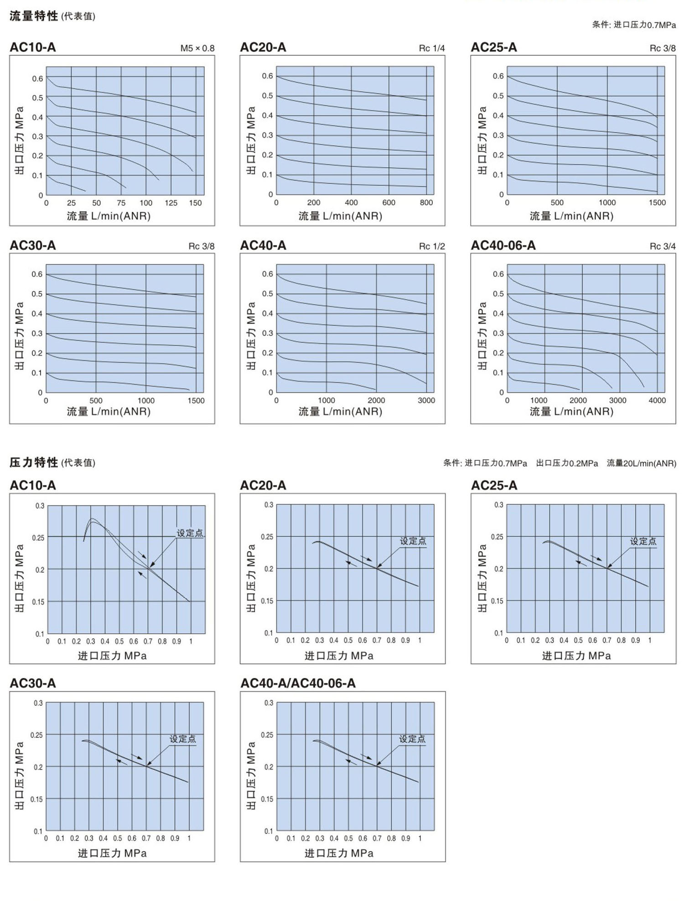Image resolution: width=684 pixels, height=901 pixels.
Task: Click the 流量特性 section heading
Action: click(x=34, y=16)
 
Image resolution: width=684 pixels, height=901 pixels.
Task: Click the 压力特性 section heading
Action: click(x=34, y=462)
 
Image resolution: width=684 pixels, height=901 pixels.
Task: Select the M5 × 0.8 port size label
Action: click(x=197, y=48)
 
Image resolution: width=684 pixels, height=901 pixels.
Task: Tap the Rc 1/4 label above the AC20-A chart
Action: click(x=431, y=48)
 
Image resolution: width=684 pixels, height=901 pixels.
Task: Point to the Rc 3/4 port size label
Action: click(x=662, y=246)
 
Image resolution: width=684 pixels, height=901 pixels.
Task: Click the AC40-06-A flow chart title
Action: click(x=503, y=245)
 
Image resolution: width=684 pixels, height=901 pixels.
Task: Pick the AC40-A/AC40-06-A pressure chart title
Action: click(x=298, y=683)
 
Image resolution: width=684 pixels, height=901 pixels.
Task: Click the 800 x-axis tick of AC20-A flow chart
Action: click(x=426, y=203)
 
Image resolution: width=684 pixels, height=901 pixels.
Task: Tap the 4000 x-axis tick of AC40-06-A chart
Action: click(x=657, y=401)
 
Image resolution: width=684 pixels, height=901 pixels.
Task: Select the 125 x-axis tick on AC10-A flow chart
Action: click(x=171, y=203)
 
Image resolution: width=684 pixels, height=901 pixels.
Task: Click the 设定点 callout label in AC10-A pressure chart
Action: click(x=190, y=533)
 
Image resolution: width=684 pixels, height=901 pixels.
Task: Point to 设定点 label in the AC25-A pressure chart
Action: click(x=643, y=541)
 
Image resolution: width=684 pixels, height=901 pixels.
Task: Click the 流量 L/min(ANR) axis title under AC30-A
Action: click(x=109, y=411)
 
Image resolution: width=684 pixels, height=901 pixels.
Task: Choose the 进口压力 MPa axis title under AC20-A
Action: click(x=339, y=656)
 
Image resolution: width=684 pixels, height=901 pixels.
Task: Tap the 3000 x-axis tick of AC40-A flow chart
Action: click(x=426, y=401)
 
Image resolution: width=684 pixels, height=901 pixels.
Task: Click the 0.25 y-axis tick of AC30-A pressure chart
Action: click(x=36, y=735)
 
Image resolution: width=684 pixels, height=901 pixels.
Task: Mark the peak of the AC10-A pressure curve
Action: click(x=92, y=520)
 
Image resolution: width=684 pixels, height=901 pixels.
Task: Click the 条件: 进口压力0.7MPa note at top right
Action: click(x=633, y=25)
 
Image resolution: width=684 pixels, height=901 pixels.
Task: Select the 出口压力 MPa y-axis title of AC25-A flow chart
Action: click(x=482, y=140)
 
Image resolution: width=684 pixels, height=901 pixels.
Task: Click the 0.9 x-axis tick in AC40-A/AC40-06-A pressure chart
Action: click(x=405, y=839)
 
